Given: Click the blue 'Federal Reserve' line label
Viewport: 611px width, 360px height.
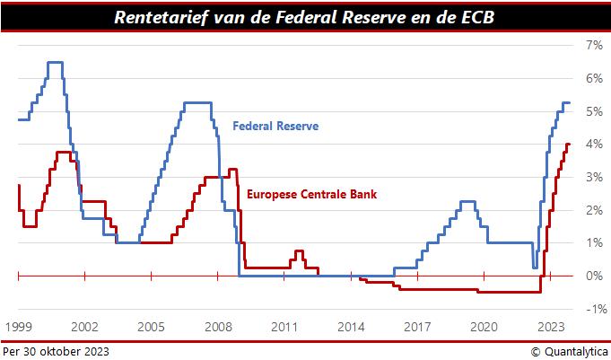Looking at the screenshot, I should [x=275, y=127].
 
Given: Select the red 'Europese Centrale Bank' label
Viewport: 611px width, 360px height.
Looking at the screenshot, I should [x=310, y=193].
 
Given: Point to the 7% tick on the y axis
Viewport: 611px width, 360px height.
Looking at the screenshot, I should [x=594, y=45].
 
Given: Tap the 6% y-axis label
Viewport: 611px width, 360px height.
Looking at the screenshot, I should [x=594, y=78].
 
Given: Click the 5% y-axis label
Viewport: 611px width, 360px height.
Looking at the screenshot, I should [x=594, y=111].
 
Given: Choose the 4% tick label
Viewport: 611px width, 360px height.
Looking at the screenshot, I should [x=594, y=144].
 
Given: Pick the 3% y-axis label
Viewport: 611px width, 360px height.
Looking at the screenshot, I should [x=594, y=177].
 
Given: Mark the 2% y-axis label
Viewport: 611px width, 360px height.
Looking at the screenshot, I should [x=594, y=210].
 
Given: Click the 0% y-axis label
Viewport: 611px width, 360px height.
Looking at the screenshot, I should [x=594, y=276].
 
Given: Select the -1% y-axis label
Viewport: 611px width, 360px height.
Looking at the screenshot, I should [x=592, y=309].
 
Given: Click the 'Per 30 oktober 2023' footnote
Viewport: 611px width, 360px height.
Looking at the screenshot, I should [x=56, y=351].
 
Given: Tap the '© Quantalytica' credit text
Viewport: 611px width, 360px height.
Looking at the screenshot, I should [x=568, y=351].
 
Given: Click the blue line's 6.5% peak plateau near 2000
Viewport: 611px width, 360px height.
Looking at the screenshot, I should [x=55, y=62].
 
